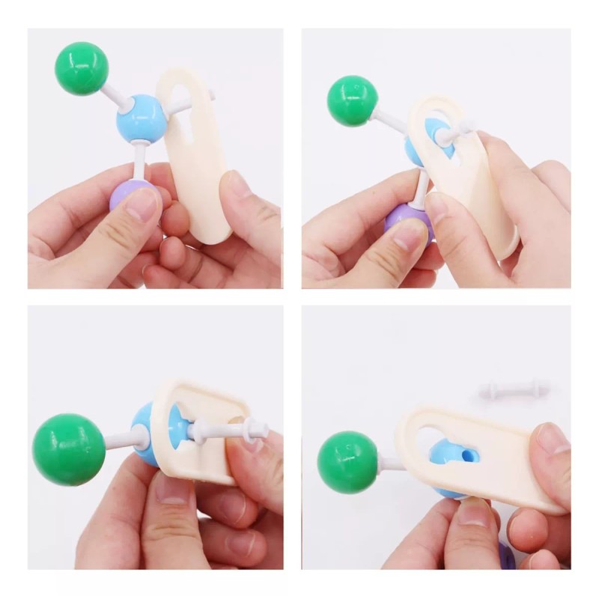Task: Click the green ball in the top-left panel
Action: coord(82,68)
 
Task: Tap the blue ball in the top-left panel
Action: coord(140,118)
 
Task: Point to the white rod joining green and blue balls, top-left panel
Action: coord(116,97)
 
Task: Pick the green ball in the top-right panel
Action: coord(352,100)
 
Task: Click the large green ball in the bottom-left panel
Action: coord(69,449)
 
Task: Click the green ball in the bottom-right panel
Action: coord(347,462)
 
